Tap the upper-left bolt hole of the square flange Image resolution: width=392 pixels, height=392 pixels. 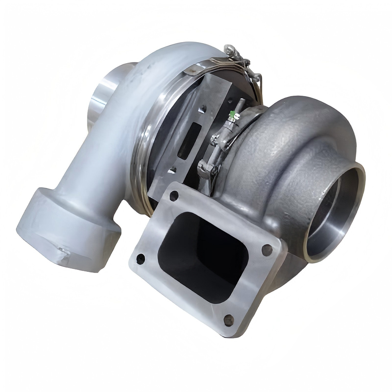click(174, 196)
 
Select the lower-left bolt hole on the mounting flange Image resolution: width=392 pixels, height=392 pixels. click(141, 259)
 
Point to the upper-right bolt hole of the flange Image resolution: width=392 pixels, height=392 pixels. click(267, 250)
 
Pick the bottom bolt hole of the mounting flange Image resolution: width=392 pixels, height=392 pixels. click(229, 320)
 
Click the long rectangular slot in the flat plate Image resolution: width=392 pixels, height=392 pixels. click(189, 141)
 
